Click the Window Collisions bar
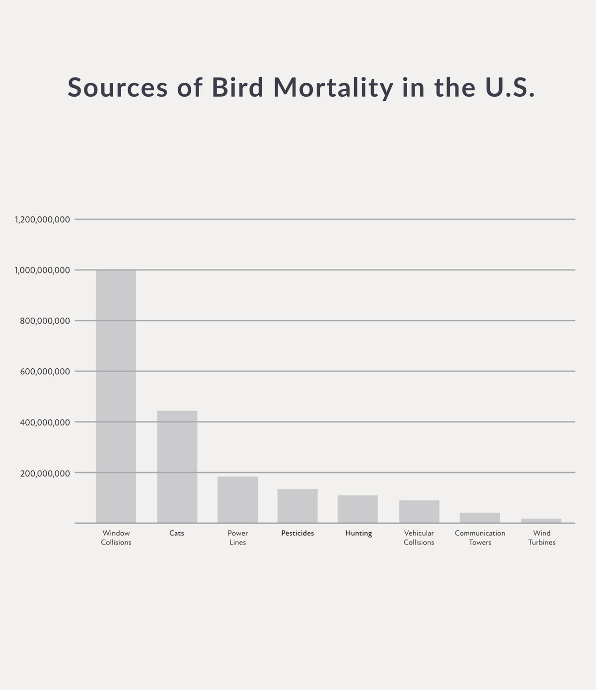[x=116, y=396]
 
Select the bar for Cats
[x=177, y=467]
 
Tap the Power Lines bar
[x=237, y=500]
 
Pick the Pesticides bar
[x=298, y=506]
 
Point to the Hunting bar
[x=358, y=509]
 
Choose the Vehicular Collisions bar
[x=419, y=511]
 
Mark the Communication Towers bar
[x=480, y=518]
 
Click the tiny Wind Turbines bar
[x=541, y=521]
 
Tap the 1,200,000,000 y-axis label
[x=42, y=219]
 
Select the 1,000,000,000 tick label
[x=42, y=270]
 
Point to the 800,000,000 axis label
[x=45, y=321]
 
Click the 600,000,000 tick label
[x=45, y=371]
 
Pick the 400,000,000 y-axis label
[x=45, y=422]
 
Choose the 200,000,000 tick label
[x=45, y=473]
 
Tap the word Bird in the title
[x=237, y=87]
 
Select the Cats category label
[x=177, y=533]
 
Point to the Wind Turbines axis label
[x=542, y=538]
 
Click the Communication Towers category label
[x=480, y=538]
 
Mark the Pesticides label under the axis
[x=298, y=533]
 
